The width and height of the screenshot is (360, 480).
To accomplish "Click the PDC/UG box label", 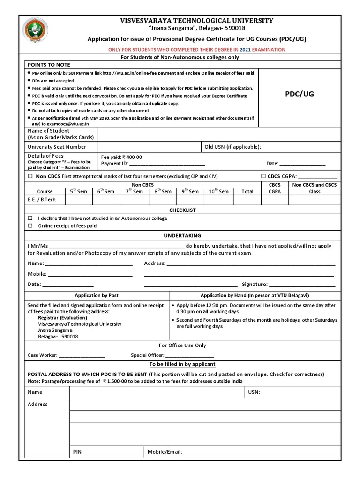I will tap(300, 94).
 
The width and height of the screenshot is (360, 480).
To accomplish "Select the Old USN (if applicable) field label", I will tap(232, 147).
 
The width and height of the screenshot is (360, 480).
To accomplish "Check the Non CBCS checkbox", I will tap(30, 176).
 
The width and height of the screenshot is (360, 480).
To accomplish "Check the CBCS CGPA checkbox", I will tap(263, 176).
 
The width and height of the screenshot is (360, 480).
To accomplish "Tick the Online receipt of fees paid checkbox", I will tap(30, 225).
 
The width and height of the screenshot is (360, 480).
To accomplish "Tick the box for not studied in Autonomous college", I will tap(30, 218).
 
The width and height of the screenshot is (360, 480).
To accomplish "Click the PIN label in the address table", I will tap(78, 452).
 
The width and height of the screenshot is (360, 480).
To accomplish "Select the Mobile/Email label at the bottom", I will tap(165, 452).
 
